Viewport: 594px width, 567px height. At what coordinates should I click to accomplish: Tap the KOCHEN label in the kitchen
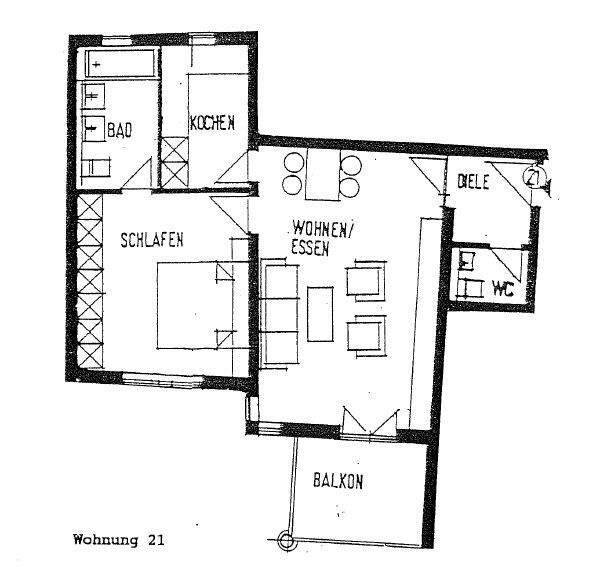[x=212, y=123]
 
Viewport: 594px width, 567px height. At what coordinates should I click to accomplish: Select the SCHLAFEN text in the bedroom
[x=154, y=239]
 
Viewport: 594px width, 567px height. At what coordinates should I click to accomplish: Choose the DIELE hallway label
[x=473, y=182]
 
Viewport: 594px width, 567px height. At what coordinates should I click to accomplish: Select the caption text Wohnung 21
[x=118, y=539]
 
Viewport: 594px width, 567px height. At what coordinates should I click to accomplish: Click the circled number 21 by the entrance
[x=533, y=181]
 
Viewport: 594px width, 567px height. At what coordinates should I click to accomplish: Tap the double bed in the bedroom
[x=194, y=304]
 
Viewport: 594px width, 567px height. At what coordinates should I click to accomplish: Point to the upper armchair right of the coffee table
[x=365, y=281]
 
